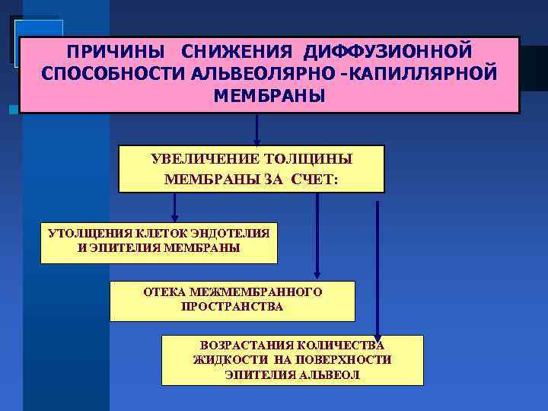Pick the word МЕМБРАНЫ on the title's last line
point(269,96)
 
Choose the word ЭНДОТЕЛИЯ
point(230,233)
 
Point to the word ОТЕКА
point(165,292)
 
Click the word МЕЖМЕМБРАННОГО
point(255,292)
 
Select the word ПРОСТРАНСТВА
point(231,307)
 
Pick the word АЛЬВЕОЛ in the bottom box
point(330,375)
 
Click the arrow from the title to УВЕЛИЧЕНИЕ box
point(256,129)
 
